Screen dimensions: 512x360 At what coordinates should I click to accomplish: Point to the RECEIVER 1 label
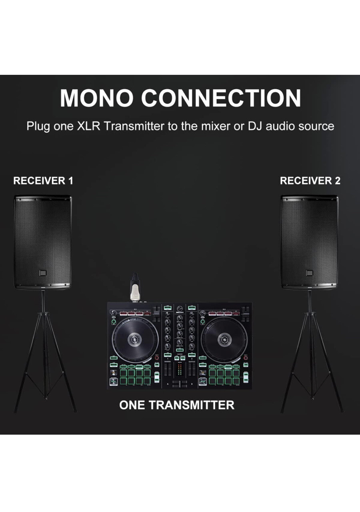[43, 180]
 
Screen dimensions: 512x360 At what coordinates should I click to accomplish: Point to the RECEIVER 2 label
[310, 180]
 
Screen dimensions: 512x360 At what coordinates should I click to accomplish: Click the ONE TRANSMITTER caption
[177, 405]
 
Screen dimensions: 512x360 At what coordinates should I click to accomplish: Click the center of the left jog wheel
[135, 340]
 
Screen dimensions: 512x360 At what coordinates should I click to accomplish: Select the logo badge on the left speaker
[43, 273]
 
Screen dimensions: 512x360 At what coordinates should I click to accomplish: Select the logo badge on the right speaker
[309, 273]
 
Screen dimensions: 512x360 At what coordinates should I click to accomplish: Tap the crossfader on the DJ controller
[180, 383]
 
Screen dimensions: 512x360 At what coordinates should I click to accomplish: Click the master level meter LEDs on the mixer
[180, 369]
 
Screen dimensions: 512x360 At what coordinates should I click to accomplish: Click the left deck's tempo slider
[157, 377]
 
